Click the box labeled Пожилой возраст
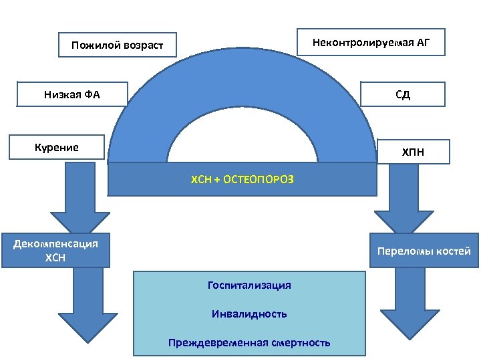(x=118, y=46)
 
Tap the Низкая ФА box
(x=72, y=94)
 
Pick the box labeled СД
(x=402, y=94)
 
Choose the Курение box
(x=57, y=147)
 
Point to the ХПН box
(x=412, y=153)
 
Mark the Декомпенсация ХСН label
(x=55, y=251)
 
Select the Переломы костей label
(x=424, y=251)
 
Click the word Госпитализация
(x=249, y=285)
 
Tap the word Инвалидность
(x=249, y=314)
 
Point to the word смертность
(x=301, y=343)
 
